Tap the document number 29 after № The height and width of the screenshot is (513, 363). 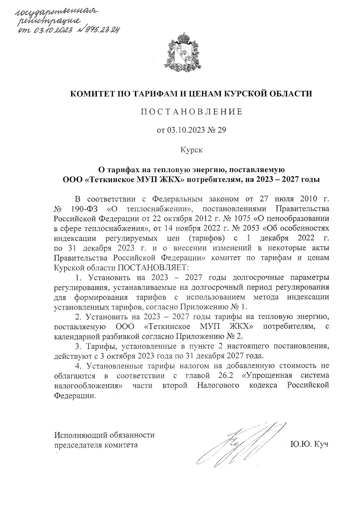click(x=221, y=131)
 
